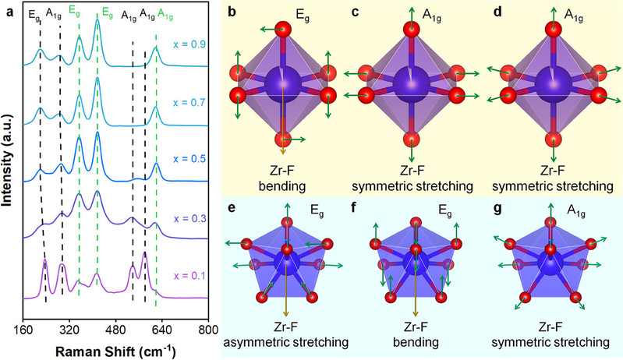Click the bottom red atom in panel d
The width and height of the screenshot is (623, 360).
553,141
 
